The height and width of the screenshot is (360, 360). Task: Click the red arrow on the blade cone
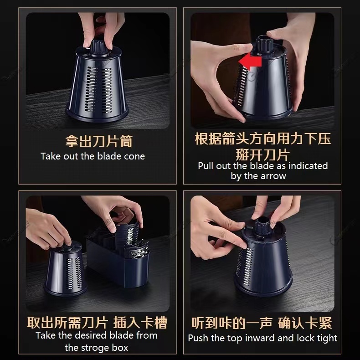(x=250, y=62)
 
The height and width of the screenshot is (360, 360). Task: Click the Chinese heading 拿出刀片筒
(x=99, y=141)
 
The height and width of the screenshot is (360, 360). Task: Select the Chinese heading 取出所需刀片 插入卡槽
(x=97, y=322)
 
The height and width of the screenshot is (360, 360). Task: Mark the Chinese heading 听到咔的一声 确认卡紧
(x=262, y=323)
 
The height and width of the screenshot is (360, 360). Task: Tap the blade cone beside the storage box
(x=65, y=268)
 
